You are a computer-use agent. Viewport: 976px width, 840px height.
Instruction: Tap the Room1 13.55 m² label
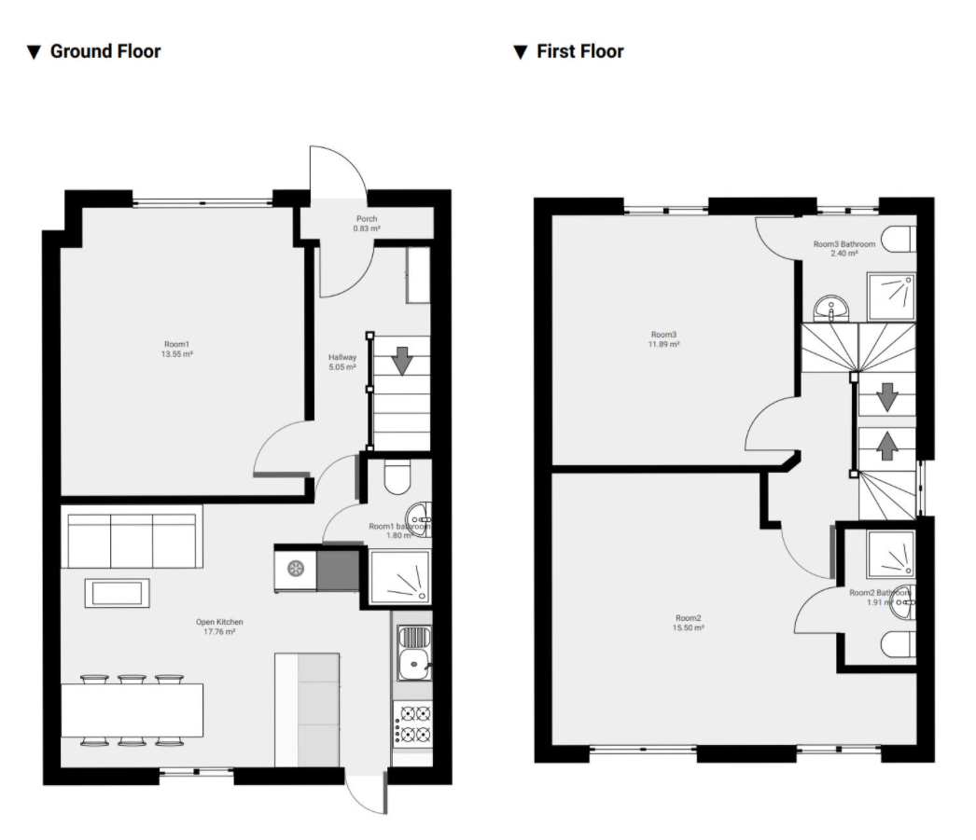click(178, 349)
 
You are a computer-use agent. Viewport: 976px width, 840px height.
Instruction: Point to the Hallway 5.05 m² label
click(342, 362)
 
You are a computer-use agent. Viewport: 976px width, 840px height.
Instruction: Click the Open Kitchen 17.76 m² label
click(219, 627)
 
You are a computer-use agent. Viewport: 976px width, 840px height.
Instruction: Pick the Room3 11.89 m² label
click(664, 339)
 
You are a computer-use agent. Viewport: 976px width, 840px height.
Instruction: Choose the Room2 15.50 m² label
click(689, 623)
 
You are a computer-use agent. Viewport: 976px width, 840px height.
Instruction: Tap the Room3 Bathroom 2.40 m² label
click(844, 248)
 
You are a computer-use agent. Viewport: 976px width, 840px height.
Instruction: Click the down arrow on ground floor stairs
click(401, 360)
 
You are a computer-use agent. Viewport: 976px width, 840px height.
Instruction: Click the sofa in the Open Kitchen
click(132, 537)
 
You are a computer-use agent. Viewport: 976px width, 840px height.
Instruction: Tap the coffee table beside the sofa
click(117, 593)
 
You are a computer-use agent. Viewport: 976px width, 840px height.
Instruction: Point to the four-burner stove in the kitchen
click(413, 723)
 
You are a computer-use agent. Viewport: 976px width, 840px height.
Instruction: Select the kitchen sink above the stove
click(413, 653)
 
